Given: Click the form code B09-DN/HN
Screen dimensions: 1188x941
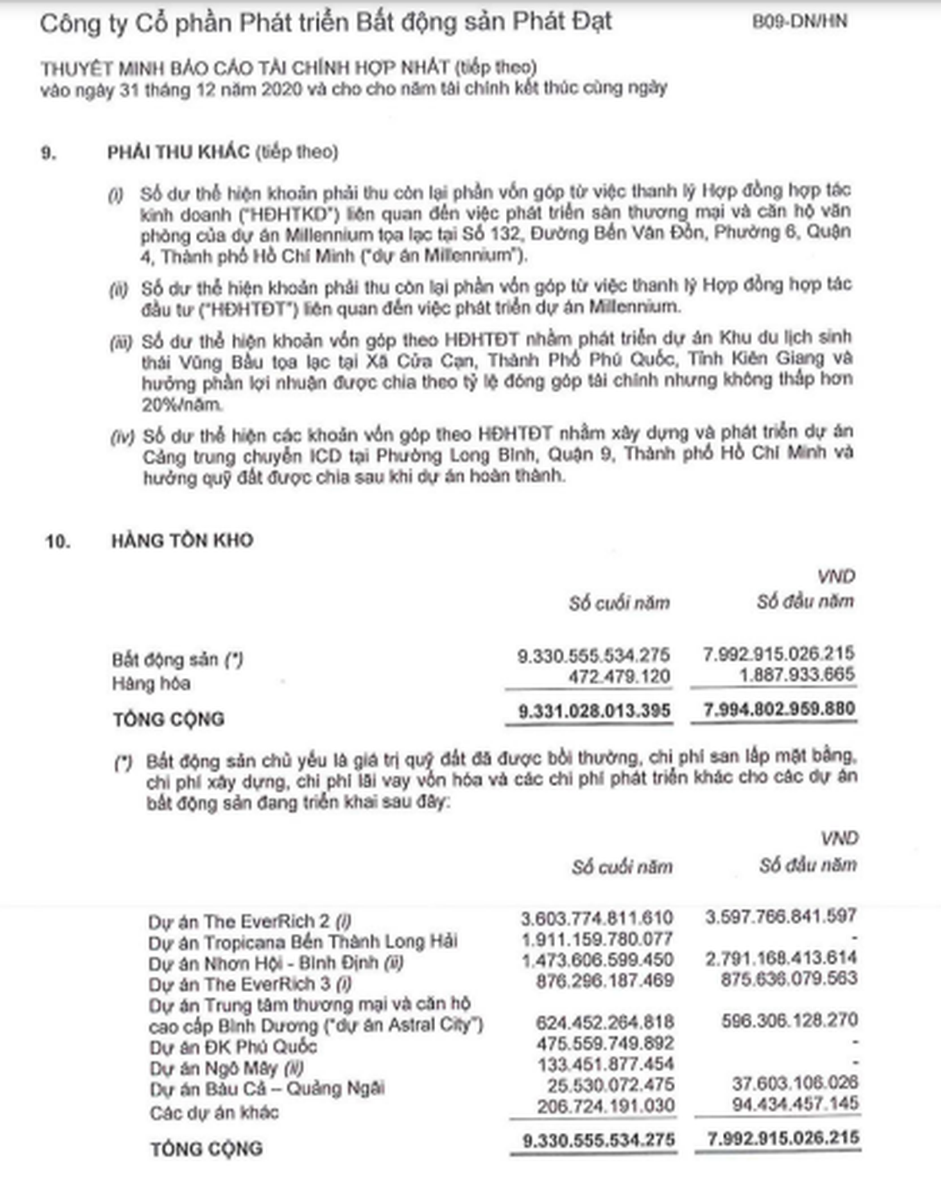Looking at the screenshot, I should click(x=799, y=22).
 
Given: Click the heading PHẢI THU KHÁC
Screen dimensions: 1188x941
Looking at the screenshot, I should click(x=178, y=152).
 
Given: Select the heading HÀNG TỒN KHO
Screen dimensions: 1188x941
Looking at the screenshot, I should click(x=182, y=540).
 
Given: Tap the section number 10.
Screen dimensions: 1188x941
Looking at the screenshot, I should click(x=58, y=541).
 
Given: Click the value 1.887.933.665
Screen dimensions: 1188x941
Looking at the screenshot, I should click(x=797, y=674).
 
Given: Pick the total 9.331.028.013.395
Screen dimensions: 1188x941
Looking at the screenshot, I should click(x=594, y=711).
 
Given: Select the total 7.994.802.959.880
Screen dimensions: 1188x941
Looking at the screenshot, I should click(x=779, y=709).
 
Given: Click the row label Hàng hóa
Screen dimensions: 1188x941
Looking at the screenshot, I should click(x=151, y=684).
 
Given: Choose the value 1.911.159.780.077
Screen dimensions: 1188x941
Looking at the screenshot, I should click(x=597, y=939).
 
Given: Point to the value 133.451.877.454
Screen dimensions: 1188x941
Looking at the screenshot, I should click(x=606, y=1064).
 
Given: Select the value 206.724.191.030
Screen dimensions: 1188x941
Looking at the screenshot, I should click(x=606, y=1106).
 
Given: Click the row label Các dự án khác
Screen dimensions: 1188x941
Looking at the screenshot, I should click(x=214, y=1113).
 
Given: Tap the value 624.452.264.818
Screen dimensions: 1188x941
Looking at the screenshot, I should click(x=605, y=1023).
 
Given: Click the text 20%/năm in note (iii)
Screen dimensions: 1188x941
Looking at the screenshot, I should click(x=182, y=405).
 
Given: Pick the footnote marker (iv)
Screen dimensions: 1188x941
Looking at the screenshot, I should click(x=122, y=437).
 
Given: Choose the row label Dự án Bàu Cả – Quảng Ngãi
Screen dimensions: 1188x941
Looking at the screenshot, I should click(x=267, y=1089).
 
